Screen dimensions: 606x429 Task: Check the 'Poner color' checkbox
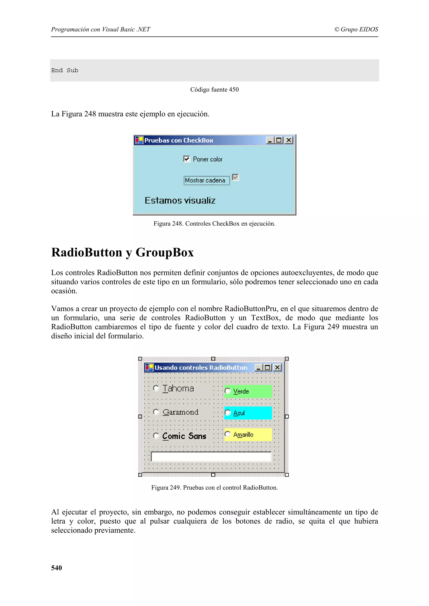point(187,159)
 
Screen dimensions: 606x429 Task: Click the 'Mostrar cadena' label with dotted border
point(207,180)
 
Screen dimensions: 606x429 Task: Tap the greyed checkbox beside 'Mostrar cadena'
point(235,177)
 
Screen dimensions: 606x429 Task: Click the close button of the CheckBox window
point(289,140)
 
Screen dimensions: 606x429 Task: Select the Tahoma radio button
point(156,388)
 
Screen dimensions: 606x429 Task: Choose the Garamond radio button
point(156,412)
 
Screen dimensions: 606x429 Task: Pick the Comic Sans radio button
point(156,436)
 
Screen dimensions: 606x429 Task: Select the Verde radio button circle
point(227,391)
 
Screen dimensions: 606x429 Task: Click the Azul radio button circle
point(227,413)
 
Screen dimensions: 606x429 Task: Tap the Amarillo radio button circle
point(227,434)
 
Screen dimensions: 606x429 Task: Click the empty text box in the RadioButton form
point(211,457)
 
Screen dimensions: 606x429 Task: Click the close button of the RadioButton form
point(277,367)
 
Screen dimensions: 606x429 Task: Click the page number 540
point(57,568)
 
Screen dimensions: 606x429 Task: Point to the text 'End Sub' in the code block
point(65,70)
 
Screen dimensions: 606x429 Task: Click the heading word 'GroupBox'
point(165,252)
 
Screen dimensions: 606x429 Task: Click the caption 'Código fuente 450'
point(214,90)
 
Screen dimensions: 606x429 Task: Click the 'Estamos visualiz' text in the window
point(180,201)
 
